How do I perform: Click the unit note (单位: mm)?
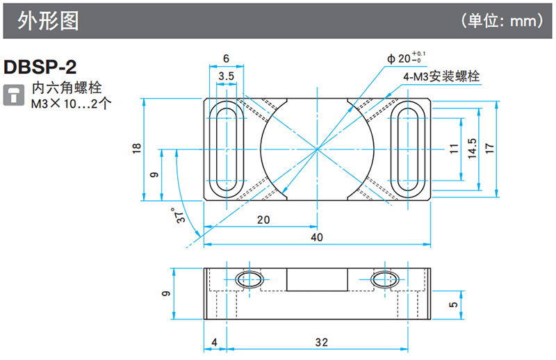tap(502, 21)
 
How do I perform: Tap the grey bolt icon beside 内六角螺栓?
tap(12, 95)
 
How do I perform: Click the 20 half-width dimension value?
tap(263, 220)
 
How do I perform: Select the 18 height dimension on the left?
tap(136, 148)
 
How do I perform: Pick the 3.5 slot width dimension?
tap(225, 75)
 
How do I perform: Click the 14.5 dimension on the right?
tap(472, 149)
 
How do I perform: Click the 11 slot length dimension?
tap(453, 149)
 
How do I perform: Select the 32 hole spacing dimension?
tap(320, 342)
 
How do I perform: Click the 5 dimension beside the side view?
tap(452, 304)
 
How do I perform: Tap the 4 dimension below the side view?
tap(214, 342)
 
